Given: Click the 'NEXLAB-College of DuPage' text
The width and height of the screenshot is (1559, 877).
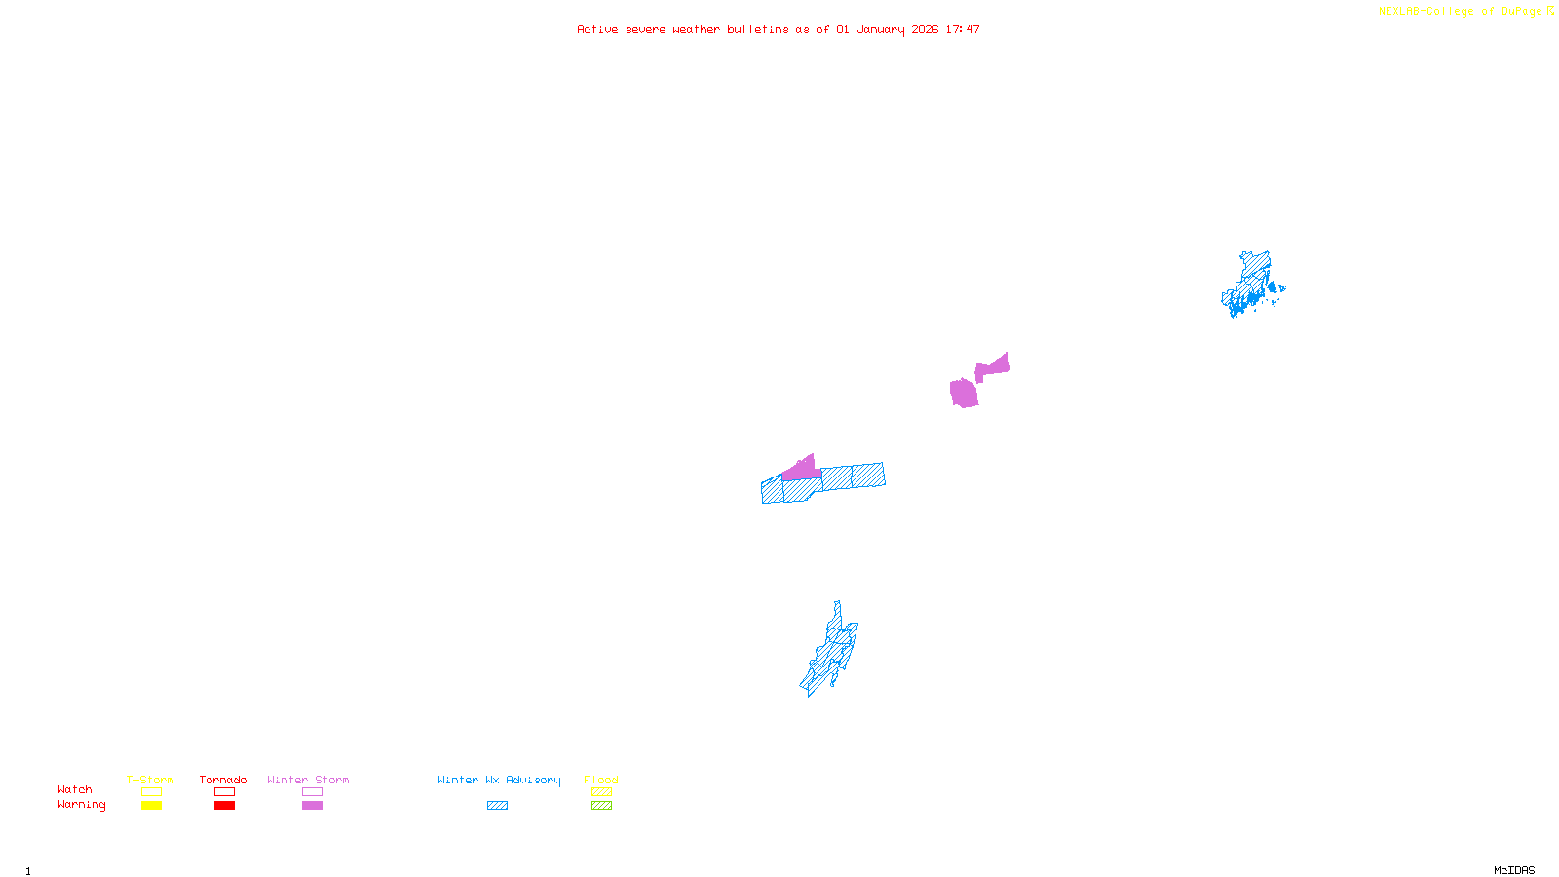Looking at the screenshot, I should tap(1460, 12).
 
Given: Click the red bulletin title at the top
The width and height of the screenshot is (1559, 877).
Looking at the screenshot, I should tap(778, 29).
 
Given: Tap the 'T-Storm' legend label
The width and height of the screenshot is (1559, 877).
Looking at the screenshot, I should tap(150, 780).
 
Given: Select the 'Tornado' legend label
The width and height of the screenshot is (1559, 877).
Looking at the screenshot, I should tap(223, 780).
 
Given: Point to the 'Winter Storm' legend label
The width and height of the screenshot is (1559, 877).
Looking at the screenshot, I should tap(308, 780).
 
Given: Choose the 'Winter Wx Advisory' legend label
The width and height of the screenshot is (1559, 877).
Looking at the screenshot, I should tap(499, 780).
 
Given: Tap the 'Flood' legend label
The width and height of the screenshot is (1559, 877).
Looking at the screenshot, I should tap(601, 780).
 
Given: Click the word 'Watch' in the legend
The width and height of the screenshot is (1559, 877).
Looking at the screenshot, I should tap(75, 789).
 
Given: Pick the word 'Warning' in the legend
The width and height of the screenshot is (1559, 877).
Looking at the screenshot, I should tap(81, 805).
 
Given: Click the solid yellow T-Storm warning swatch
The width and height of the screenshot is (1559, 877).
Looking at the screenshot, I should tap(151, 806).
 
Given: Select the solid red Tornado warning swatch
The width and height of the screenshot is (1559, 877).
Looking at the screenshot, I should tap(224, 806).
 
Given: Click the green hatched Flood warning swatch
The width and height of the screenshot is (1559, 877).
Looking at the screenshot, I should tap(602, 806).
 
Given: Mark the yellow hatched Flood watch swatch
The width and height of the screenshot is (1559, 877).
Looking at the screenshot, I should tap(602, 792).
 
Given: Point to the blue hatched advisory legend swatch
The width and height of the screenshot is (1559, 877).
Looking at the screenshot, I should tap(497, 806).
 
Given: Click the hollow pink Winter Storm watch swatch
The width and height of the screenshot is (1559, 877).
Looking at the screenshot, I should tap(312, 792).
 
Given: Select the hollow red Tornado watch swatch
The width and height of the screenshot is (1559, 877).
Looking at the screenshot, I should tap(224, 792).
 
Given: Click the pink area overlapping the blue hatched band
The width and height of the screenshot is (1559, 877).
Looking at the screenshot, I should tap(802, 471).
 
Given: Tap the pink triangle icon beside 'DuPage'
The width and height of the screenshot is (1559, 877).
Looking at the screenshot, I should tap(1550, 11).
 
